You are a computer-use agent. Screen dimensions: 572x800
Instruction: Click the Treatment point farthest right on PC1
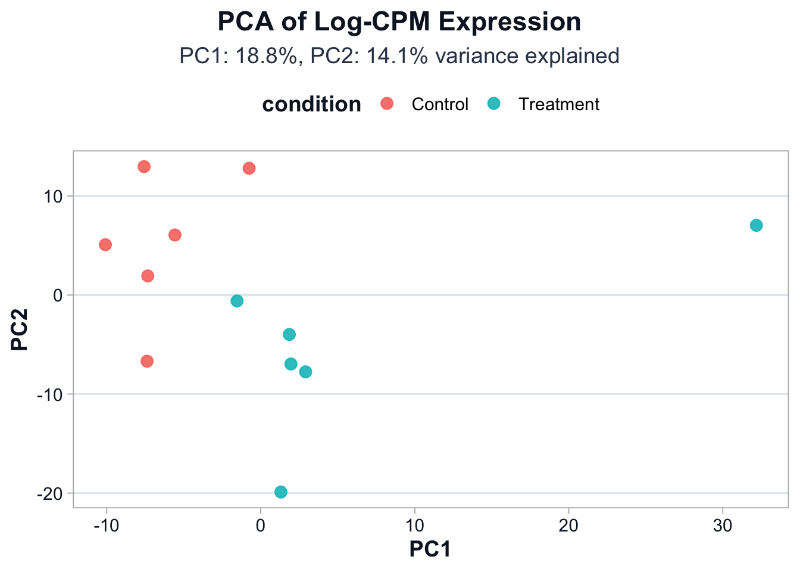[x=756, y=225]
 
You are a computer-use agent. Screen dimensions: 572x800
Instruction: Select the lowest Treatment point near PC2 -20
[x=281, y=492]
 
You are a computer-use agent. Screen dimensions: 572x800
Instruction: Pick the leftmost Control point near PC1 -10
[x=105, y=245]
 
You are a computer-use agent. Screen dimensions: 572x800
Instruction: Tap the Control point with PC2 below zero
[x=147, y=361]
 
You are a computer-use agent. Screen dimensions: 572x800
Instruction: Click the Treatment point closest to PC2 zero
[x=237, y=301]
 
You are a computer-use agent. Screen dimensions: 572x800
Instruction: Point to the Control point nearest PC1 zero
[x=249, y=169]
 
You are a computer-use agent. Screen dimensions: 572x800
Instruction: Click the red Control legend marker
[x=387, y=104]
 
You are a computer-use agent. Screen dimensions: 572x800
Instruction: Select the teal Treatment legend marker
[x=494, y=104]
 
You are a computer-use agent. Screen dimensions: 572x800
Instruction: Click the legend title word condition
[x=311, y=104]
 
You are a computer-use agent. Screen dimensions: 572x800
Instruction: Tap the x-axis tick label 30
[x=722, y=526]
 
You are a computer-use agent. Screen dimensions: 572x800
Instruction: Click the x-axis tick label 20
[x=568, y=526]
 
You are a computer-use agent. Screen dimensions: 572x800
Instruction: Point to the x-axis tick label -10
[x=106, y=526]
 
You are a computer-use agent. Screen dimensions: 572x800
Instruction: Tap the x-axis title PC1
[x=430, y=549]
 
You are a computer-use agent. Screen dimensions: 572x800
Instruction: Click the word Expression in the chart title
[x=509, y=22]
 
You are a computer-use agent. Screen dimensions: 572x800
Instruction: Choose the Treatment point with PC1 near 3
[x=305, y=372]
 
